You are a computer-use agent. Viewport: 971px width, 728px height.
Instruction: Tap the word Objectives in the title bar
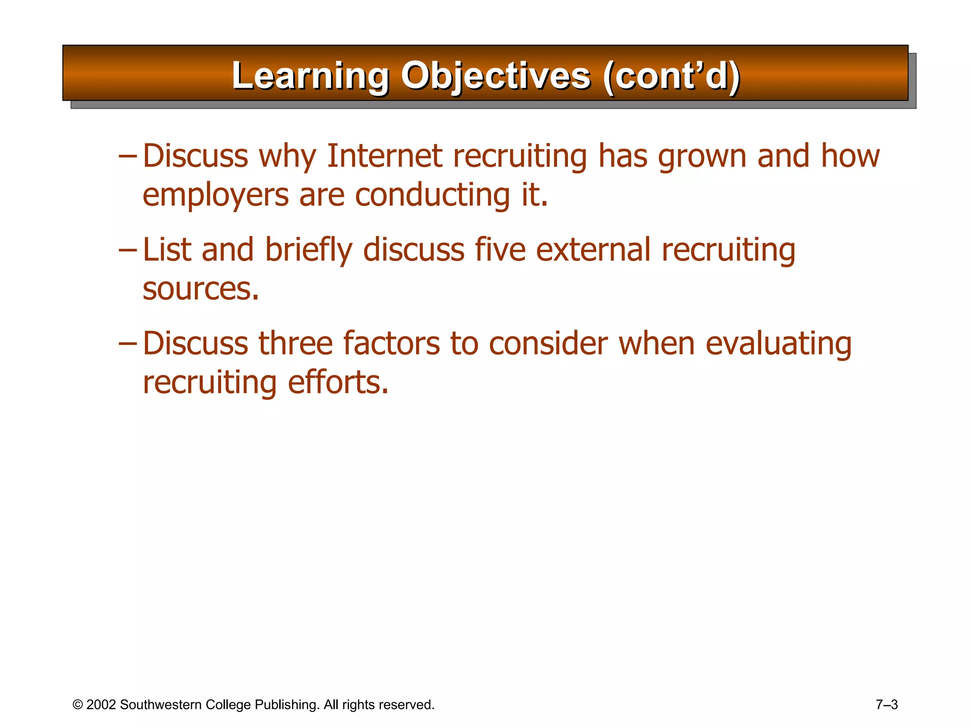point(495,76)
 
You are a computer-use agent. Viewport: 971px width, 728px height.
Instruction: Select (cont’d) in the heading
point(671,76)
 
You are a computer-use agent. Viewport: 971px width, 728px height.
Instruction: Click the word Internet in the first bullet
point(384,156)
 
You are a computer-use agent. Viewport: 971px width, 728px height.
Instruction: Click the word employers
point(216,196)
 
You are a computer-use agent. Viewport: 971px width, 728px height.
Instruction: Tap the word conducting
point(432,196)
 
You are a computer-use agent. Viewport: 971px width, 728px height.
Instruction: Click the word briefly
point(309,251)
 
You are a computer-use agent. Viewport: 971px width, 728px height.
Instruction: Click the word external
point(593,250)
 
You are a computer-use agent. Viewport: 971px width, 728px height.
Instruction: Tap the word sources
point(201,289)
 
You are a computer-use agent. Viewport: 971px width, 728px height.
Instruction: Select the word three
point(295,344)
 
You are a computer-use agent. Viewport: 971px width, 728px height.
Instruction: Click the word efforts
point(338,382)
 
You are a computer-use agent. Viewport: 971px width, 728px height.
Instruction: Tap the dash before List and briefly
point(128,250)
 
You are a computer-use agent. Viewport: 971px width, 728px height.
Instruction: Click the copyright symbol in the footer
point(78,705)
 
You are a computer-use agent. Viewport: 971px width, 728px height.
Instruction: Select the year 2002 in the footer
point(101,705)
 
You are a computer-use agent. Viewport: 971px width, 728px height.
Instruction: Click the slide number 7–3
point(887,705)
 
